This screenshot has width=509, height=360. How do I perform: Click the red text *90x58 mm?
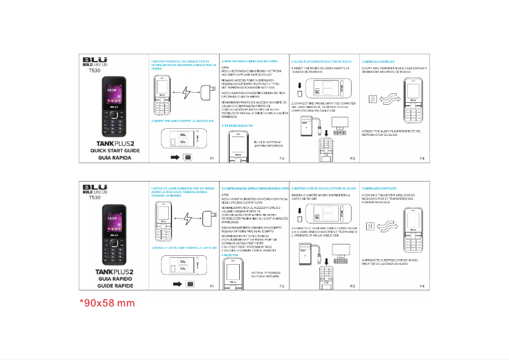(x=107, y=303)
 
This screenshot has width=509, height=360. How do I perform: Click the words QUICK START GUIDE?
(x=111, y=150)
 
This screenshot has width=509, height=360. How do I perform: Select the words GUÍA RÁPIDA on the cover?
(x=110, y=157)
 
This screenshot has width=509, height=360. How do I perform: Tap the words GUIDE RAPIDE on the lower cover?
(x=110, y=286)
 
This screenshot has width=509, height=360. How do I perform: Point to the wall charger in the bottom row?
(x=206, y=219)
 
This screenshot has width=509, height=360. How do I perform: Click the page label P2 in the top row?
(x=282, y=157)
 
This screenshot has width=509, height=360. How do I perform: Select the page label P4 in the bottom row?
(x=422, y=286)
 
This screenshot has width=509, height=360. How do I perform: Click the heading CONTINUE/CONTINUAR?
(x=379, y=61)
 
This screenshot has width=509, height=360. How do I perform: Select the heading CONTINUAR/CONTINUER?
(x=379, y=189)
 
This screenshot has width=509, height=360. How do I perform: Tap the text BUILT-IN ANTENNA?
(x=270, y=142)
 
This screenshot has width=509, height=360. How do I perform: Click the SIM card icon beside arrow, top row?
(x=188, y=157)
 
